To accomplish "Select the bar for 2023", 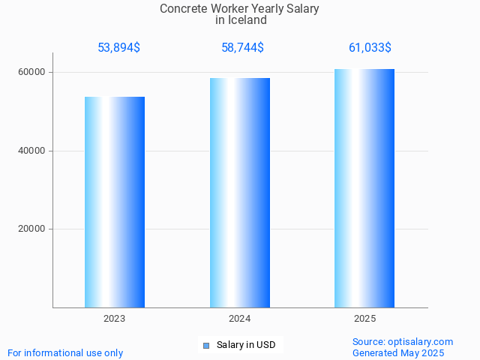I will coord(115,202).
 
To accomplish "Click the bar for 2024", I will coord(240,193).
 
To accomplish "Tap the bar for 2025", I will coord(364,188).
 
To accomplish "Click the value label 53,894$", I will coord(118,48).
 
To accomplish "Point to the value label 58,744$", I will coord(242,48).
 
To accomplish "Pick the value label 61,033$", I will coord(370,48).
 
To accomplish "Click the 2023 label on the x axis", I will coord(115,319).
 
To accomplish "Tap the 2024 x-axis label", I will coord(240,319).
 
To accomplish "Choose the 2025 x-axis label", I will coord(364,319).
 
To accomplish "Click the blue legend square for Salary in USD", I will coord(206,346).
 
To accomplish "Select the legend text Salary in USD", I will coord(246,346).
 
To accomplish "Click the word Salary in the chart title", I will coord(302,9).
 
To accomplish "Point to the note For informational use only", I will coord(65,352).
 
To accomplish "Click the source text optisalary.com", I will coord(421,342).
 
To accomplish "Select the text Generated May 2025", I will coord(398,352).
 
